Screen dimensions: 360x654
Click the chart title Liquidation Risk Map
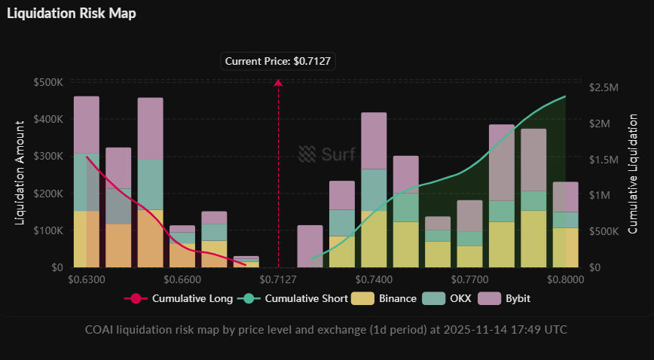72,14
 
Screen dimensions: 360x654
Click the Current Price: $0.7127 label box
278,60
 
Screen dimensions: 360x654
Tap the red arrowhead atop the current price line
278,83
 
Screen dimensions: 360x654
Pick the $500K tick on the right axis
604,231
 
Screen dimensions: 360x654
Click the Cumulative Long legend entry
179,298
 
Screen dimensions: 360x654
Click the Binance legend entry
388,298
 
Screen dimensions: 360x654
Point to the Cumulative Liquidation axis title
633,173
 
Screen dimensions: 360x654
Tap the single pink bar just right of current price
310,246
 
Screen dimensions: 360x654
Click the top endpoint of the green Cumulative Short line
565,96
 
